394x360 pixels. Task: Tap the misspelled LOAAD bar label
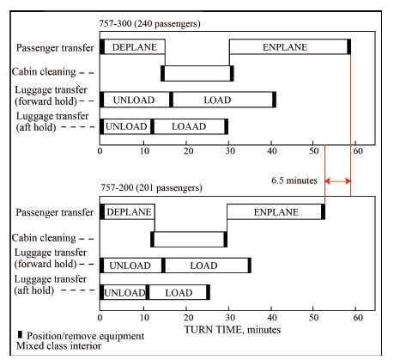tap(189, 126)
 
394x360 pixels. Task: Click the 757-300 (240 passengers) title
tap(149, 23)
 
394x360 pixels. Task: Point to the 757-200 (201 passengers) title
tap(151, 187)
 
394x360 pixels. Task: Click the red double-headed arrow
tap(337, 181)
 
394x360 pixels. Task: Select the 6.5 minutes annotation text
tap(294, 180)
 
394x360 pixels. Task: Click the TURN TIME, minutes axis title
tap(233, 330)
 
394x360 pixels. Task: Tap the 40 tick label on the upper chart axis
tap(272, 151)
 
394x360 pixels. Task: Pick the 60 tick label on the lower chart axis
tap(358, 317)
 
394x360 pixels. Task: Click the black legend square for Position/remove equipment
tap(20, 334)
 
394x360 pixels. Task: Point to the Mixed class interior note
tap(58, 346)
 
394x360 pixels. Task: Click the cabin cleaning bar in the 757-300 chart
tap(197, 73)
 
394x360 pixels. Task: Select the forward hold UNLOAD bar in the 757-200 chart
tap(132, 265)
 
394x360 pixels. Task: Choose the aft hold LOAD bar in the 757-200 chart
tap(178, 292)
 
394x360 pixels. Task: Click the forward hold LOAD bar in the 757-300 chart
tap(222, 100)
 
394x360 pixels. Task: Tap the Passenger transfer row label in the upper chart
tap(55, 48)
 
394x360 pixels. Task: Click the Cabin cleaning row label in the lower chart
tap(44, 238)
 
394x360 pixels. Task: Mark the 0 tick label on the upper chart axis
tap(100, 151)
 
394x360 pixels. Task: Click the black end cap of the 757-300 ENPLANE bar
tap(349, 46)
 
